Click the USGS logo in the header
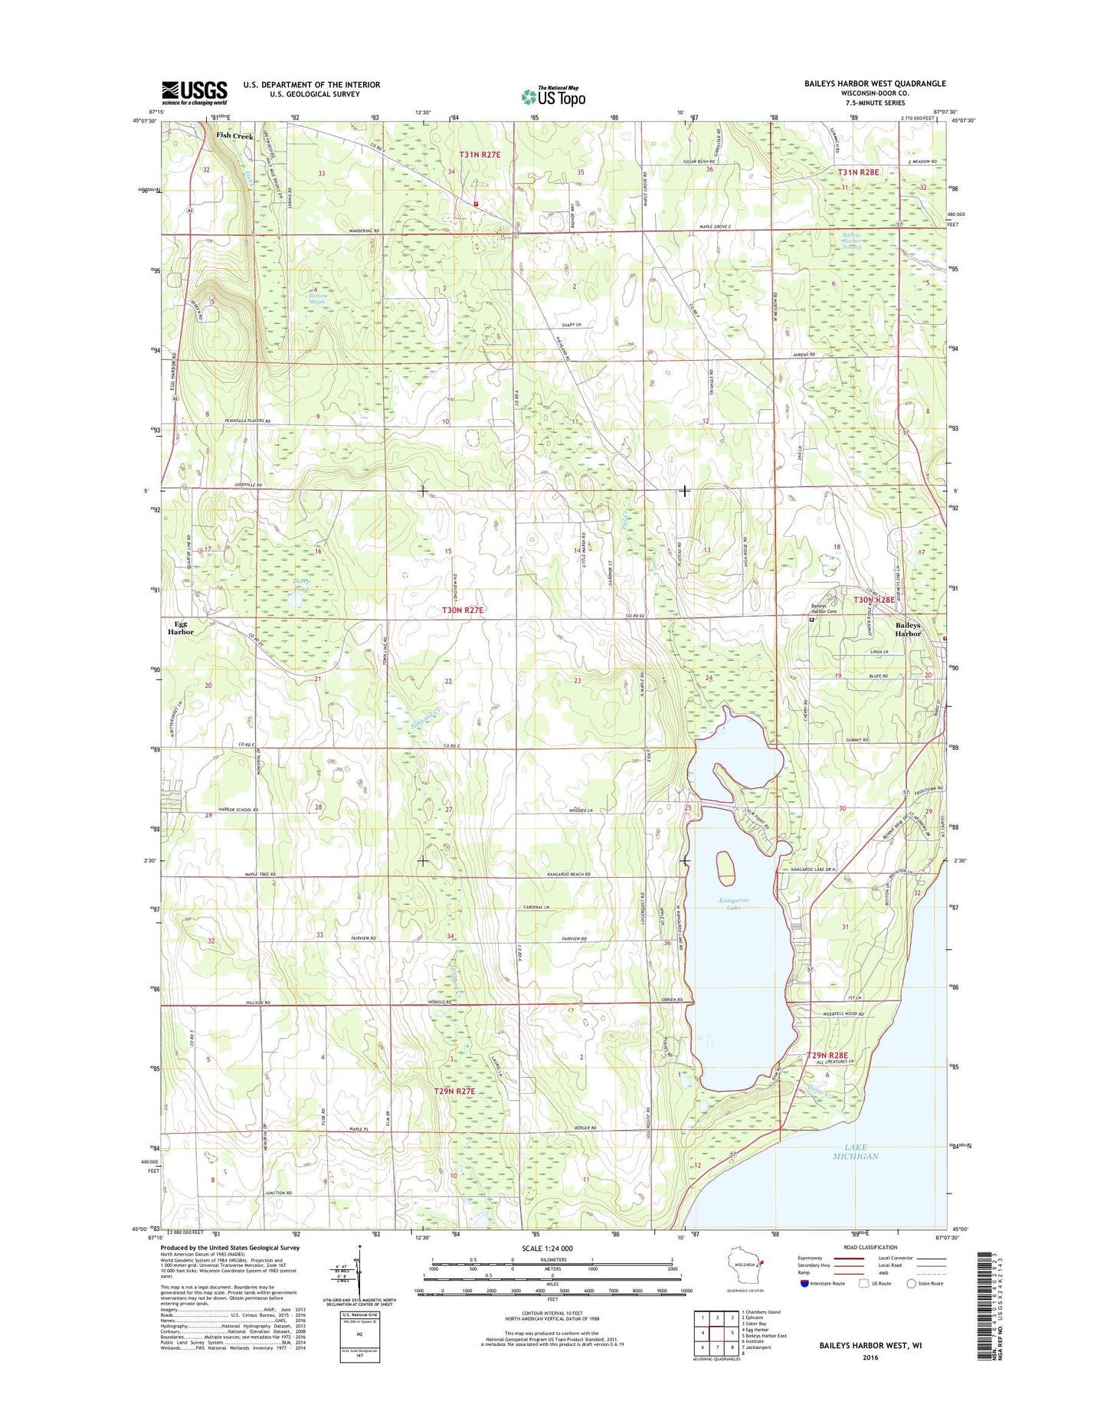[194, 92]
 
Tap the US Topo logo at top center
[553, 96]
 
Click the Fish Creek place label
[234, 136]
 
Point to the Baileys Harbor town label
[908, 629]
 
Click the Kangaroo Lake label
[733, 903]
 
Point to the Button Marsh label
[317, 299]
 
